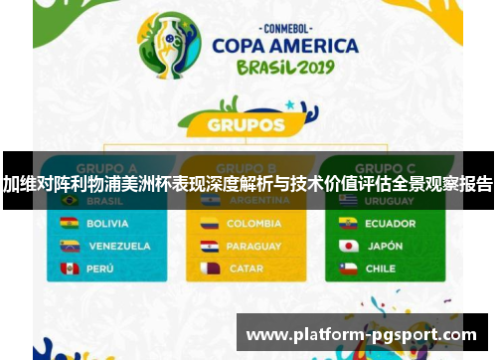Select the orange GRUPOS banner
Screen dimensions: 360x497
[x=247, y=126]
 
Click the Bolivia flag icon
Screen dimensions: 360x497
[x=70, y=224]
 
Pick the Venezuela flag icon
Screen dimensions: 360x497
[x=70, y=246]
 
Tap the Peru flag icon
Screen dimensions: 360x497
[x=70, y=269]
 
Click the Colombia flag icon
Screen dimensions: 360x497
[x=209, y=224]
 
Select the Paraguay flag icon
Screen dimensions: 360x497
[x=209, y=246]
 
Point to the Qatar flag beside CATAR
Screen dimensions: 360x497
[x=209, y=269]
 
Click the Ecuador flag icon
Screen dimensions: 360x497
[x=348, y=224]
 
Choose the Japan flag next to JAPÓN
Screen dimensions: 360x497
[x=348, y=246]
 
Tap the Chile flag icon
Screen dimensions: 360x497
[x=348, y=269]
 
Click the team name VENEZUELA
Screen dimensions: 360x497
[x=119, y=246]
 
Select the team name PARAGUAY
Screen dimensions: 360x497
[x=253, y=246]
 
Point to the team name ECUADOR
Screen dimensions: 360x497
[x=390, y=224]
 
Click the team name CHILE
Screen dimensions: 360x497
[x=380, y=269]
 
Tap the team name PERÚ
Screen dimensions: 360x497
[x=101, y=269]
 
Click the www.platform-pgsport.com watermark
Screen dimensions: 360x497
[x=361, y=335]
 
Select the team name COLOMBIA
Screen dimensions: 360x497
[x=253, y=224]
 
